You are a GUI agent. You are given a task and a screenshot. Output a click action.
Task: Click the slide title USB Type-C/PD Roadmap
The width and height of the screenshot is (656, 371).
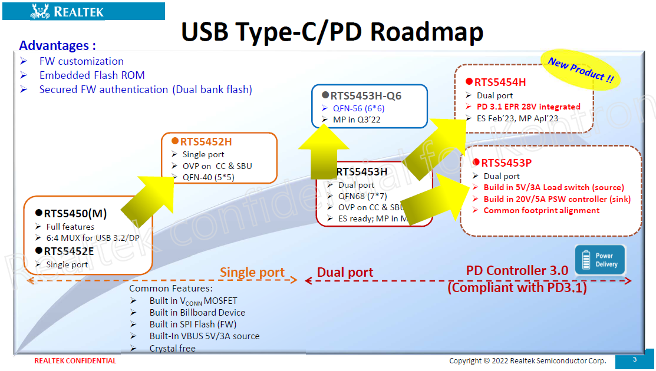[332, 32]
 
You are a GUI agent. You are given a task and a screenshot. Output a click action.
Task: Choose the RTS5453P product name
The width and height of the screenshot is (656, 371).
[506, 163]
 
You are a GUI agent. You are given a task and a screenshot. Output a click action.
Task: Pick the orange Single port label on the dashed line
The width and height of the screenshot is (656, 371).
[252, 272]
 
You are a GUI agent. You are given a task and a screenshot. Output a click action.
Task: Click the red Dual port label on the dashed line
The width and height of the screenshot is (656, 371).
[345, 272]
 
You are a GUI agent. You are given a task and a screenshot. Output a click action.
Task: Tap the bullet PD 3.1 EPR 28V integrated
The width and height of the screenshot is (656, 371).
[529, 107]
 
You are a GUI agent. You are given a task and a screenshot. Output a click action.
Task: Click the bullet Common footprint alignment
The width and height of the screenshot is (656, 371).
[541, 210]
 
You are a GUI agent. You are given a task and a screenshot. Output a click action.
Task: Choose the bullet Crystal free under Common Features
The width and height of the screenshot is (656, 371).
[172, 348]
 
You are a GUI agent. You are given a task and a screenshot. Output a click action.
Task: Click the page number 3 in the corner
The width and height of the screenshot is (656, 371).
[635, 359]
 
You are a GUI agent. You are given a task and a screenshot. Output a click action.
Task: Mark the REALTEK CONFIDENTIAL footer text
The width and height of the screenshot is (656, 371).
[75, 361]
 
